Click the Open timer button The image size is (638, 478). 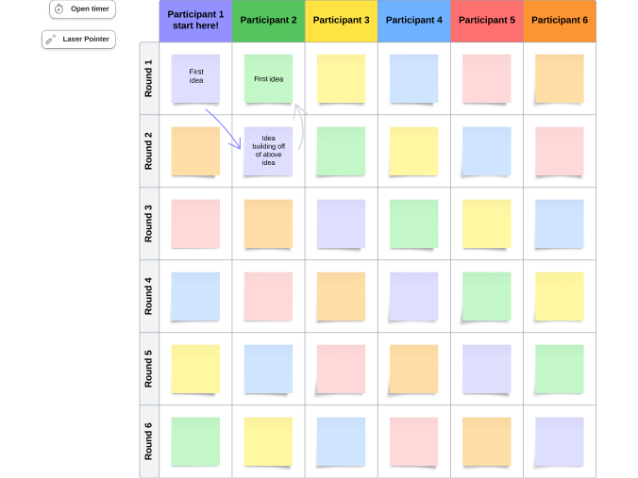pyautogui.click(x=82, y=8)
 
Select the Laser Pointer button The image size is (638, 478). pyautogui.click(x=78, y=40)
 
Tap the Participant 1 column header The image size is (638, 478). pyautogui.click(x=195, y=20)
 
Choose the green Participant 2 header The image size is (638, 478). pyautogui.click(x=268, y=20)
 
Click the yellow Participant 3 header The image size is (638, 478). pyautogui.click(x=341, y=20)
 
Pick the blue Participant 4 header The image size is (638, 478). pyautogui.click(x=413, y=20)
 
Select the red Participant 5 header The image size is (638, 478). pyautogui.click(x=486, y=20)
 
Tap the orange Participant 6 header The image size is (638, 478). pyautogui.click(x=560, y=20)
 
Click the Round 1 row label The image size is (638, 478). pyautogui.click(x=148, y=78)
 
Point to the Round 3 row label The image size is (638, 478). pyautogui.click(x=148, y=223)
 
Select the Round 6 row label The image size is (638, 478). pyautogui.click(x=148, y=441)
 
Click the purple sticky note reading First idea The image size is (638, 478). pyautogui.click(x=195, y=78)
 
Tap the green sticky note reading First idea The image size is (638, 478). pyautogui.click(x=268, y=78)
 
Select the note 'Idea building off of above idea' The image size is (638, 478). pyautogui.click(x=268, y=151)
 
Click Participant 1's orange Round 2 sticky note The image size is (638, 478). pyautogui.click(x=195, y=151)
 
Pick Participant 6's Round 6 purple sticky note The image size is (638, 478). pyautogui.click(x=560, y=441)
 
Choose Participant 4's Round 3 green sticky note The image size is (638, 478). pyautogui.click(x=413, y=223)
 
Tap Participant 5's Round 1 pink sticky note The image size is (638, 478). pyautogui.click(x=486, y=78)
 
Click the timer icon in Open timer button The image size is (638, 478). pyautogui.click(x=59, y=8)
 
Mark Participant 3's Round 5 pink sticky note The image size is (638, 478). pyautogui.click(x=341, y=369)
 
